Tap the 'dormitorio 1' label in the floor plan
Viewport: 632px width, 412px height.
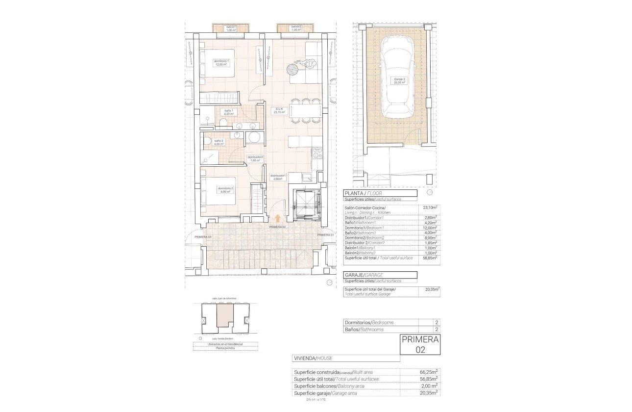point(221,63)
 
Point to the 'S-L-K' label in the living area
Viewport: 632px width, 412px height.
point(279,111)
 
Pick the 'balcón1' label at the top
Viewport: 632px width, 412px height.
point(231,28)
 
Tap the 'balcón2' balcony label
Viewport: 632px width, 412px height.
point(295,28)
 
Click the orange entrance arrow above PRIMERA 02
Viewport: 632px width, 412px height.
point(278,219)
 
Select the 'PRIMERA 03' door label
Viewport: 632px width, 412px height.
point(202,237)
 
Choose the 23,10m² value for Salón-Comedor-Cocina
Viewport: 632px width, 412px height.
point(430,208)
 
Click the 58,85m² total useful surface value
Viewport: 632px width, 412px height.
point(430,257)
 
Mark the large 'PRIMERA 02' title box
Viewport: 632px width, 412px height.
point(420,344)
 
